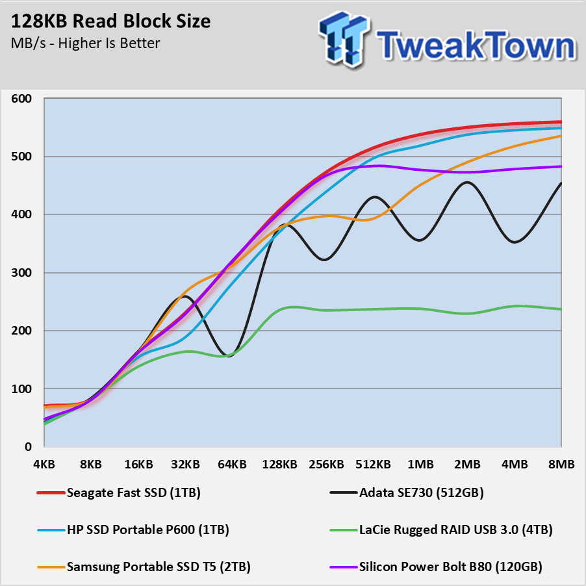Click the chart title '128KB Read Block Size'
[x=110, y=21]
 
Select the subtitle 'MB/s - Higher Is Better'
[x=84, y=44]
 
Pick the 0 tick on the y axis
[x=27, y=447]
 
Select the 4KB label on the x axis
[x=44, y=465]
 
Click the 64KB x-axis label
[x=232, y=465]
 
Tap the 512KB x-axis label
[x=373, y=465]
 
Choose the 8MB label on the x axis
[x=561, y=465]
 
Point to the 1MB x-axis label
[x=420, y=465]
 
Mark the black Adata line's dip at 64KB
[x=229, y=356]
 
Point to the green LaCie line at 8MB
[x=560, y=309]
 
